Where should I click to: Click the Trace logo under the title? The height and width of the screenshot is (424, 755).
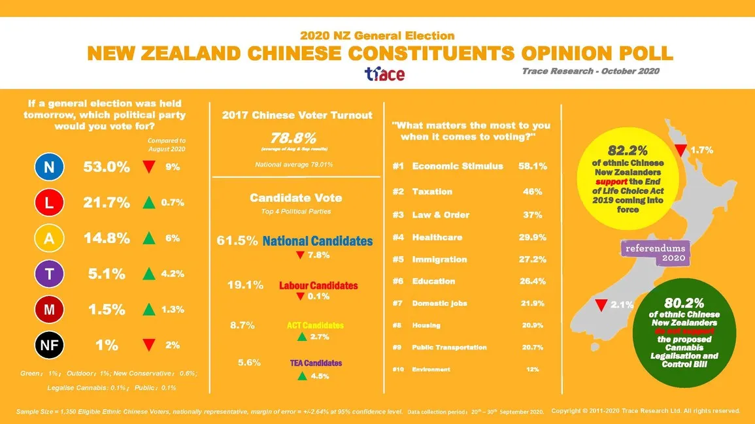tap(384, 74)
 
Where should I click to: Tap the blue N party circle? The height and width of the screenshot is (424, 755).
tap(49, 168)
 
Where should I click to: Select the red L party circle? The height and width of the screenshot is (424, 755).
tap(49, 203)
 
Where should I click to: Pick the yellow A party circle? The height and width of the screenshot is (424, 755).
tap(49, 239)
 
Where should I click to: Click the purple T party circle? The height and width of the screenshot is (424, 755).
tap(49, 275)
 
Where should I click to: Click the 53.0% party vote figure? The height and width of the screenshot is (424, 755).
tap(107, 167)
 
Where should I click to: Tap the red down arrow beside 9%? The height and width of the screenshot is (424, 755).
tap(148, 167)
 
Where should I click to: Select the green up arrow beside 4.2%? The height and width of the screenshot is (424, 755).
tap(148, 274)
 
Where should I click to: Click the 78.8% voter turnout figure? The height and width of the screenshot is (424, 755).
tap(294, 138)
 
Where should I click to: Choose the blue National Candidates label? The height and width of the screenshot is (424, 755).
tap(317, 241)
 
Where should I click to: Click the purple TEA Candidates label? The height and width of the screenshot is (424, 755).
tap(316, 363)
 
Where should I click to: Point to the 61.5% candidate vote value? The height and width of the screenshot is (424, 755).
tap(237, 241)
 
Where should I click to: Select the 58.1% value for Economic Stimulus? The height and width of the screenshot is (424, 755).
tap(532, 166)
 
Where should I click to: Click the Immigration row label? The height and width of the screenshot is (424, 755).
tap(439, 259)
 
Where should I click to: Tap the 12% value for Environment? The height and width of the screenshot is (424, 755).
tap(532, 370)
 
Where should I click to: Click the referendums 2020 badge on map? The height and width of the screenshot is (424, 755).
tap(654, 253)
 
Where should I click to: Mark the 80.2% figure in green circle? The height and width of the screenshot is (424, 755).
tap(684, 303)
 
